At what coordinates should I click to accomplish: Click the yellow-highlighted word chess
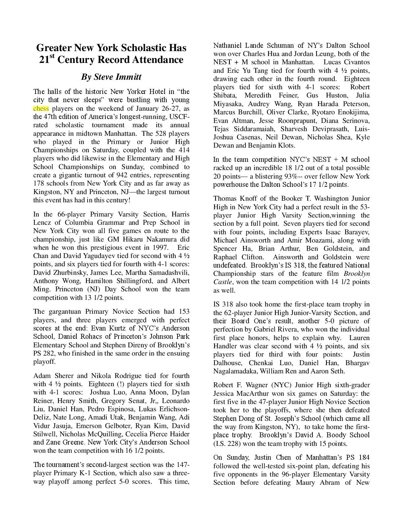(41, 108)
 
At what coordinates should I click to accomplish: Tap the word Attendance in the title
(158, 60)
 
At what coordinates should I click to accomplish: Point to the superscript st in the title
(52, 57)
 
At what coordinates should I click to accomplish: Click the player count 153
(184, 311)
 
